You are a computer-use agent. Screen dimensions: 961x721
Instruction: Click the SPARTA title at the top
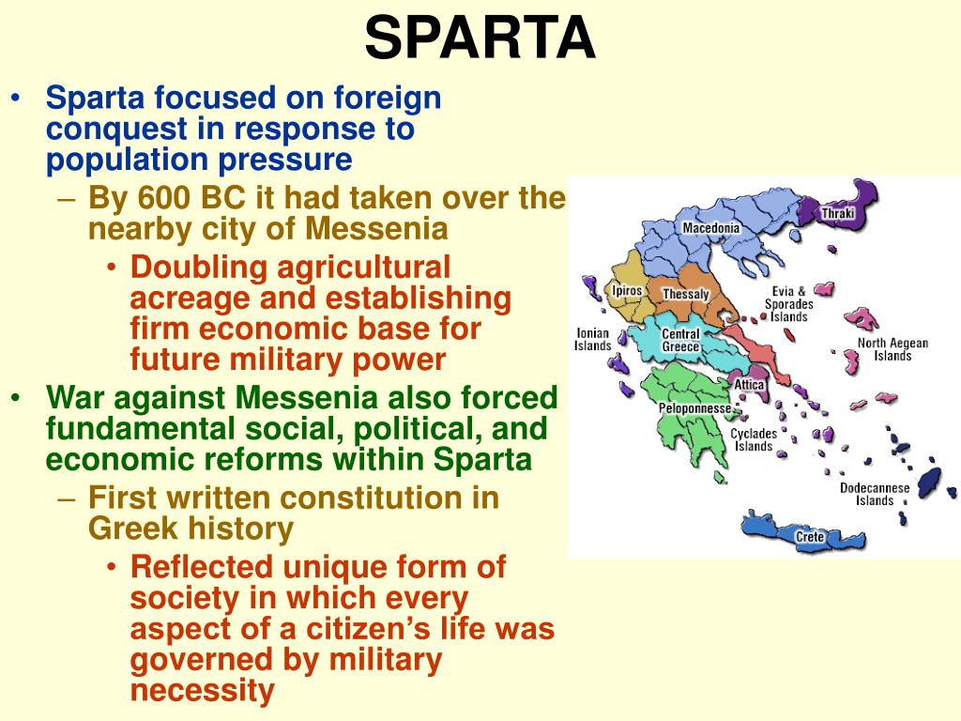[480, 38]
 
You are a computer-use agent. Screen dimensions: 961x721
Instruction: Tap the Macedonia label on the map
[711, 228]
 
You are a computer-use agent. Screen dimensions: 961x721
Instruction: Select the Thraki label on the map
[838, 213]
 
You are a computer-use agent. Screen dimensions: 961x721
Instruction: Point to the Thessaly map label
[686, 294]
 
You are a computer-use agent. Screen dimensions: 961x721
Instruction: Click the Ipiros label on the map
[627, 290]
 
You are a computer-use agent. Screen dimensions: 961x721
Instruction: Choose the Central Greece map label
[680, 340]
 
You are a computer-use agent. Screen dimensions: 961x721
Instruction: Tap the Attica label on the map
[749, 385]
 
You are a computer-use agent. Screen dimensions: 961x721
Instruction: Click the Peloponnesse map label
[694, 408]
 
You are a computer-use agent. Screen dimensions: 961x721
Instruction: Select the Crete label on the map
[810, 536]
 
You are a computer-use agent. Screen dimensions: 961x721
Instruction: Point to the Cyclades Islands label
[754, 439]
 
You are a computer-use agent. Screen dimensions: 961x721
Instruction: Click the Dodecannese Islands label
[875, 494]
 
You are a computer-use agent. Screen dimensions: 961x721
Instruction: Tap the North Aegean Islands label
[892, 349]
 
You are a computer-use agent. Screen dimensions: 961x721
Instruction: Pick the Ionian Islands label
[592, 339]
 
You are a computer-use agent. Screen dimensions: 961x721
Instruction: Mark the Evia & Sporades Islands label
[788, 304]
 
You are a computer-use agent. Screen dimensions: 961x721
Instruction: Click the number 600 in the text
[160, 197]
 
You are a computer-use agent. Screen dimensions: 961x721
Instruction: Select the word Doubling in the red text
[199, 268]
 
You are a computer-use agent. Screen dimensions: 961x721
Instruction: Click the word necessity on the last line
[203, 691]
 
